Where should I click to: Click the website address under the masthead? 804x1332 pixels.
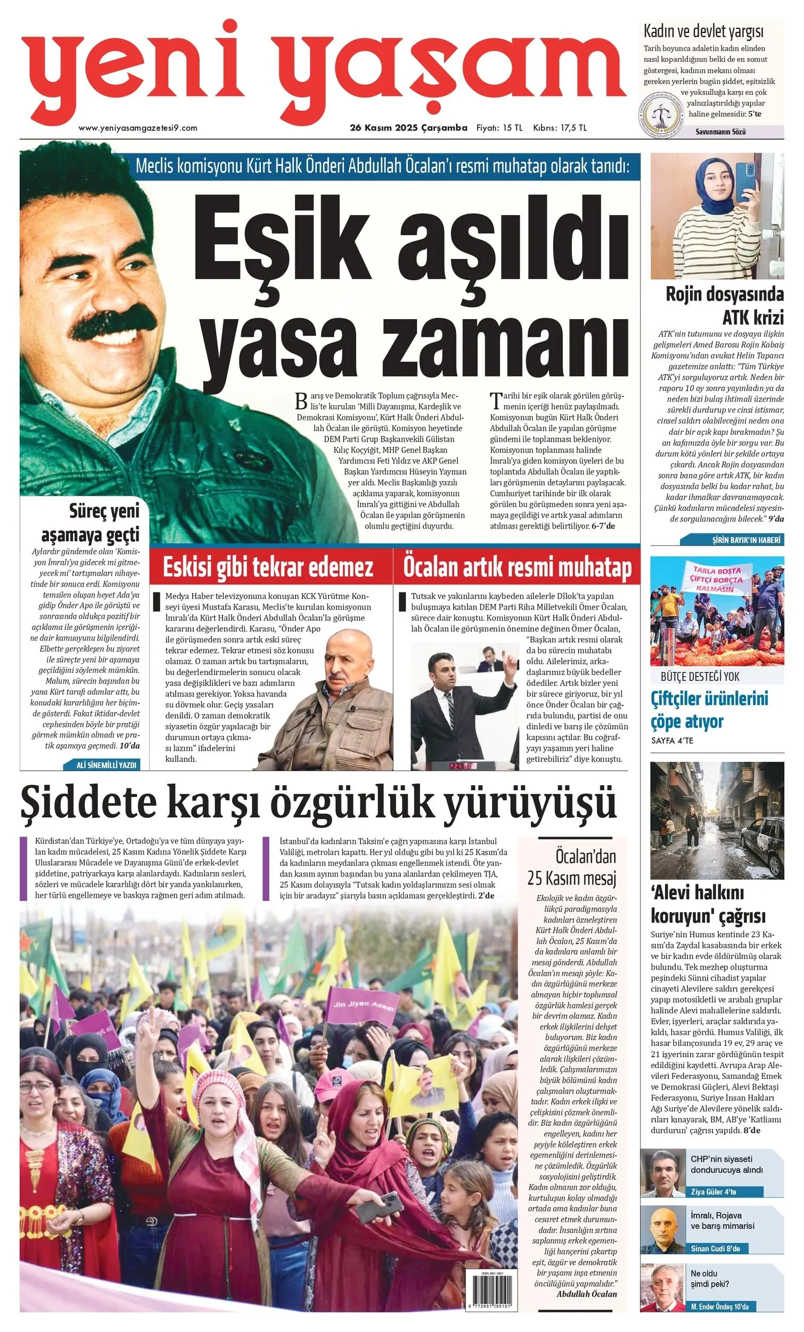click(x=138, y=128)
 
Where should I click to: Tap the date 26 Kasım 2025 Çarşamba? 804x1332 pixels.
click(x=408, y=128)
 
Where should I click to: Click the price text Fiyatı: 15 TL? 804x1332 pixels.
click(x=499, y=128)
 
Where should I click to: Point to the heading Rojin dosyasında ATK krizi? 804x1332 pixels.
click(x=724, y=305)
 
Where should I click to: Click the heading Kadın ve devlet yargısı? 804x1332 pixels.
click(x=703, y=32)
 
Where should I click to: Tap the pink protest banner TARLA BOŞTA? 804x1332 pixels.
click(x=718, y=578)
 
